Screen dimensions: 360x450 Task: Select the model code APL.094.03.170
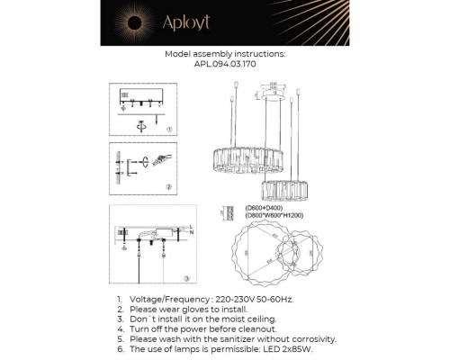[225, 65]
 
